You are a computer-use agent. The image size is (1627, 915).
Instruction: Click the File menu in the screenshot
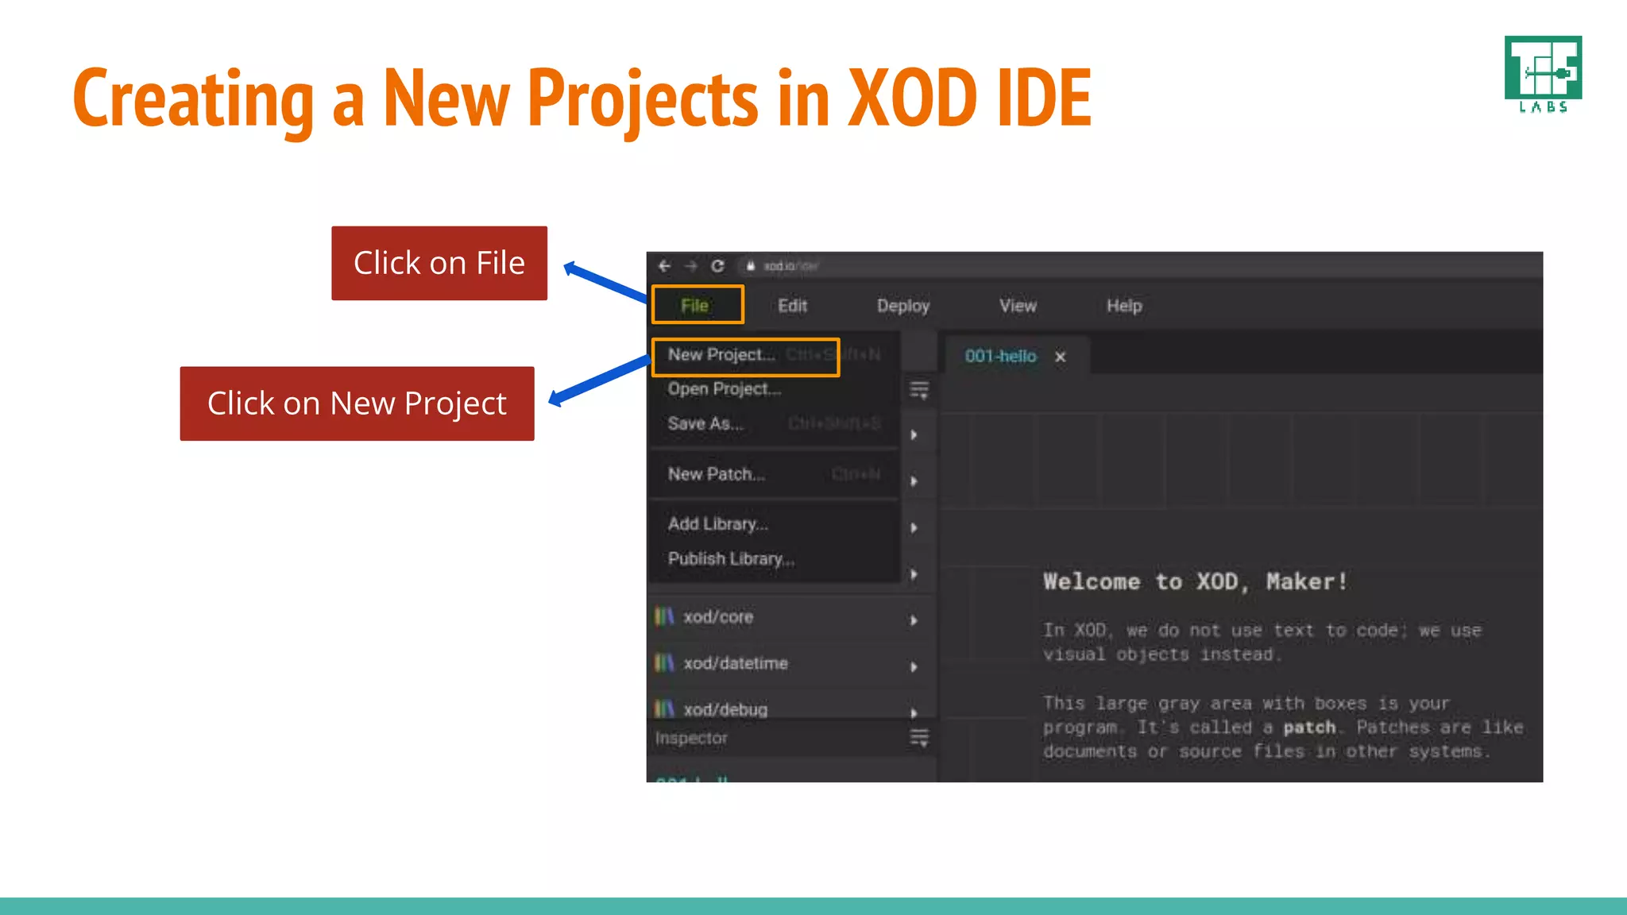[x=694, y=306]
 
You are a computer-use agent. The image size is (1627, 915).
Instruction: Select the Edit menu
[x=792, y=306]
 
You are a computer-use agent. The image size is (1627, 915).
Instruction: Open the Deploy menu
[x=902, y=306]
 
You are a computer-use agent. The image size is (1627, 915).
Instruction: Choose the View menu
[x=1018, y=306]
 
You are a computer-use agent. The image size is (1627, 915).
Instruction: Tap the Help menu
[x=1124, y=306]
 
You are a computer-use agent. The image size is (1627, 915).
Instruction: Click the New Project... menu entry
[x=721, y=355]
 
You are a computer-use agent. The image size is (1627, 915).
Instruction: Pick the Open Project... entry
[x=724, y=389]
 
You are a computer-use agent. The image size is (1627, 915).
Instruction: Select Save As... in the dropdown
[x=705, y=424]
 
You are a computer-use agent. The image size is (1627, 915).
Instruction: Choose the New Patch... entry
[x=716, y=474]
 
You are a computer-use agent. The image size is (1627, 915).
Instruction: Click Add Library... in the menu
[x=717, y=524]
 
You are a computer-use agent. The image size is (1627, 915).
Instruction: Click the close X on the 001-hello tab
[x=1060, y=357]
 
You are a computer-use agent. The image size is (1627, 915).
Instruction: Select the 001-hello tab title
[x=1000, y=357]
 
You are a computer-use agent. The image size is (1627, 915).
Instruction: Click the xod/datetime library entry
[x=735, y=663]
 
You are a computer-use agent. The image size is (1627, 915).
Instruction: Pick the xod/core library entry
[x=717, y=617]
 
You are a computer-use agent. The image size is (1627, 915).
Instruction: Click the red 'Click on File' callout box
[x=439, y=263]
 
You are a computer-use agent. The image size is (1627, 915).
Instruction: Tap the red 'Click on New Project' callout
[x=357, y=403]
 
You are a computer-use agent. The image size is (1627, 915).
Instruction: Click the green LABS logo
[x=1543, y=74]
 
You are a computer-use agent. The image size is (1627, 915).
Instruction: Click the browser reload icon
[x=717, y=266]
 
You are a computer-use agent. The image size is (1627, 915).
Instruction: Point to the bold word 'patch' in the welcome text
[x=1309, y=728]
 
